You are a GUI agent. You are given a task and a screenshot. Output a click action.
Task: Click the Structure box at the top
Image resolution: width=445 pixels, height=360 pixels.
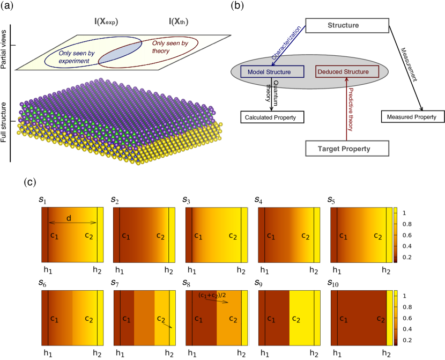[x=347, y=25]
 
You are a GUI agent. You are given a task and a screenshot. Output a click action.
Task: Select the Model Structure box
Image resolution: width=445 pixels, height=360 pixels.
[x=269, y=72]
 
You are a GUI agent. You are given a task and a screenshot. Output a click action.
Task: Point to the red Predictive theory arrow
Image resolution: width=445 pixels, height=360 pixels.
[x=347, y=110]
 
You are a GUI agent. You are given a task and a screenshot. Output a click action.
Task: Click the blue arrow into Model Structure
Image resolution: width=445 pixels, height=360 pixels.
[x=287, y=46]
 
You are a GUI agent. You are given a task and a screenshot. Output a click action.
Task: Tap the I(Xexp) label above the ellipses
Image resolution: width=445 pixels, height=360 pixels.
[x=106, y=22]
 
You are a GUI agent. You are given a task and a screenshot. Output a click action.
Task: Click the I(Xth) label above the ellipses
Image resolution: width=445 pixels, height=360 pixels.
[x=179, y=22]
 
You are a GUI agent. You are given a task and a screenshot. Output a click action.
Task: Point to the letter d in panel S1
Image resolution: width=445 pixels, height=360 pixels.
[x=69, y=218]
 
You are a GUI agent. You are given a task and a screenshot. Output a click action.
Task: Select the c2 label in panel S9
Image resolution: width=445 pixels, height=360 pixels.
[x=295, y=319]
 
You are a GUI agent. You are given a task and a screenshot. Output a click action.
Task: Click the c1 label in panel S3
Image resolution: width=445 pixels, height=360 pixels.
[x=198, y=236]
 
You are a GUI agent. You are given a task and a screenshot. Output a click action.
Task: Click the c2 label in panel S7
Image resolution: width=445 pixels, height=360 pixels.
[x=161, y=319]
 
